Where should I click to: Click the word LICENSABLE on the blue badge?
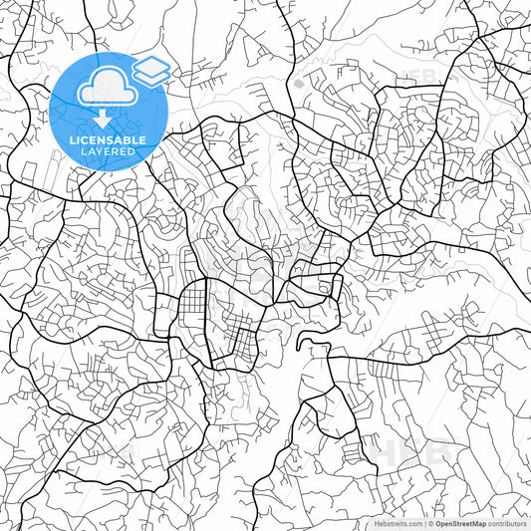[x=108, y=140]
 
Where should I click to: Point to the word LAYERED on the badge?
[x=108, y=151]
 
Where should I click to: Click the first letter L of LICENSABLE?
[x=71, y=140]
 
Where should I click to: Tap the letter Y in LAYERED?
[x=102, y=151]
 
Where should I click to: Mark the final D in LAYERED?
[x=133, y=151]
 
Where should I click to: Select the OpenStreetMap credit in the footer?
[x=461, y=523]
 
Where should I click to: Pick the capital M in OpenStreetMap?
[x=477, y=523]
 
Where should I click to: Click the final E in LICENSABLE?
[x=144, y=140]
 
